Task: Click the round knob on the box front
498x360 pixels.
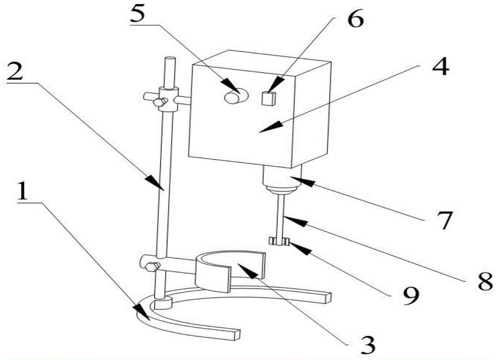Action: click(x=234, y=95)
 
